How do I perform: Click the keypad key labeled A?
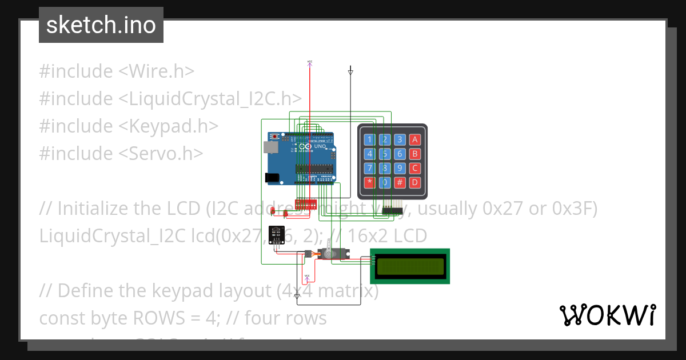tap(415, 139)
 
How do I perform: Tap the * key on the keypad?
tap(370, 183)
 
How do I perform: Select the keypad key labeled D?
tap(415, 183)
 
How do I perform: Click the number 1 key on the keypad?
tap(370, 139)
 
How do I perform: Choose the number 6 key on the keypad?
tap(400, 154)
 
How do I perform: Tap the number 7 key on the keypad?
tap(370, 169)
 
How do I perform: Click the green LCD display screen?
tap(409, 266)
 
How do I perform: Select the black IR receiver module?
tap(276, 234)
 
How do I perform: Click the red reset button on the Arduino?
tap(276, 137)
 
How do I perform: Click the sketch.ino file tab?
tap(101, 25)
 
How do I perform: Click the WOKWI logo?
tap(607, 315)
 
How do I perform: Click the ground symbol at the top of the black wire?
tap(350, 72)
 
